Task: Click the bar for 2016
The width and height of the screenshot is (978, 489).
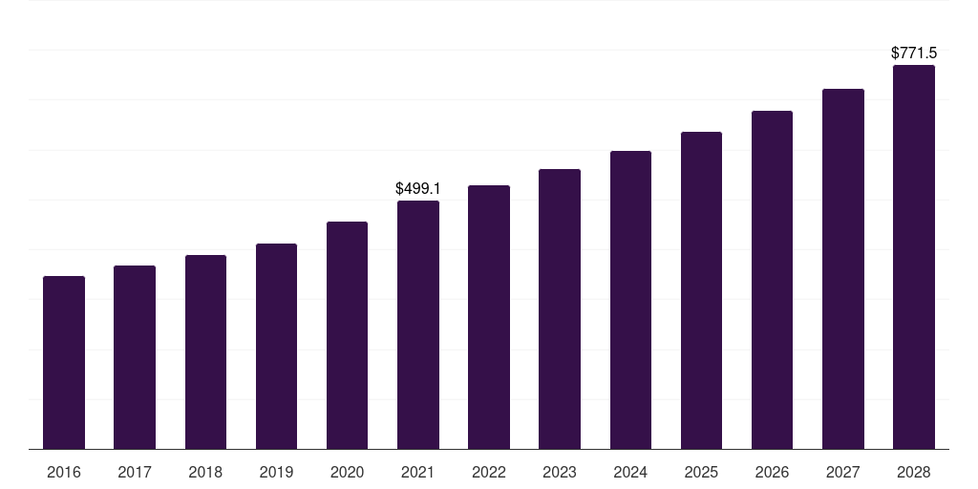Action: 64,362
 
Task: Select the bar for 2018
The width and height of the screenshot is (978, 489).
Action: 206,351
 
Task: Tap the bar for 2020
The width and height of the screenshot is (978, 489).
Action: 347,335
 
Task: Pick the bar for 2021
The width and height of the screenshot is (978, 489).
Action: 418,325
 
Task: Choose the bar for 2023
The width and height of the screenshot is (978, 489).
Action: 560,308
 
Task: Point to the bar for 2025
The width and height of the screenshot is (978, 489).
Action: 701,290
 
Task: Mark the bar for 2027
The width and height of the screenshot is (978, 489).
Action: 843,268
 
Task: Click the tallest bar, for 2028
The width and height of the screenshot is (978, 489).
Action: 914,257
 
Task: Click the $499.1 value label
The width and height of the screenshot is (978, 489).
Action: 418,188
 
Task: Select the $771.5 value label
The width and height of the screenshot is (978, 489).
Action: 914,53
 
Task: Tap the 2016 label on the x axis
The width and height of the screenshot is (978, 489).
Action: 64,472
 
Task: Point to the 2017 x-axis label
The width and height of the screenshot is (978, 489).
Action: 135,472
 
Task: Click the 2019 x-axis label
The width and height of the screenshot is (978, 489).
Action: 276,472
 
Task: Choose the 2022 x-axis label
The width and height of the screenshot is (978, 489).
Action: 489,472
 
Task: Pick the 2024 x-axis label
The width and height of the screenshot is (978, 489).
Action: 630,472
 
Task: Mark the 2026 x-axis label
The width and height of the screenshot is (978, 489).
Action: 772,472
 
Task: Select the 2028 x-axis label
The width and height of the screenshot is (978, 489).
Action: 914,472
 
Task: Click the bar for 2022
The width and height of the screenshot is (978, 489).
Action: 489,317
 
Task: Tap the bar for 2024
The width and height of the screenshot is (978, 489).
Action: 630,300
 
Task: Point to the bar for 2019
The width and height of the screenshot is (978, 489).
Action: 276,346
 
